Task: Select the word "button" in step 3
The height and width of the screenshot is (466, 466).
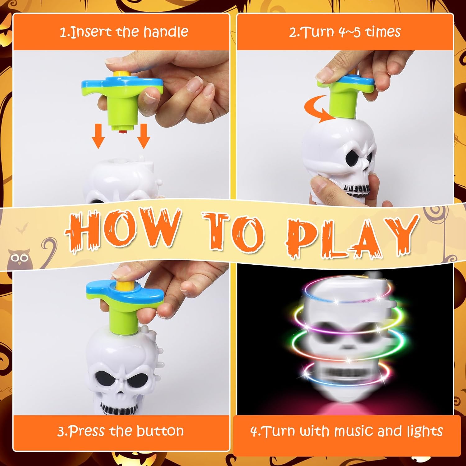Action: click(160, 431)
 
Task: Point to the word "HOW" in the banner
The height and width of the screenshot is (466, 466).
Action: click(123, 230)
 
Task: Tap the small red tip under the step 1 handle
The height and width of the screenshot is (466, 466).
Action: click(123, 132)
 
